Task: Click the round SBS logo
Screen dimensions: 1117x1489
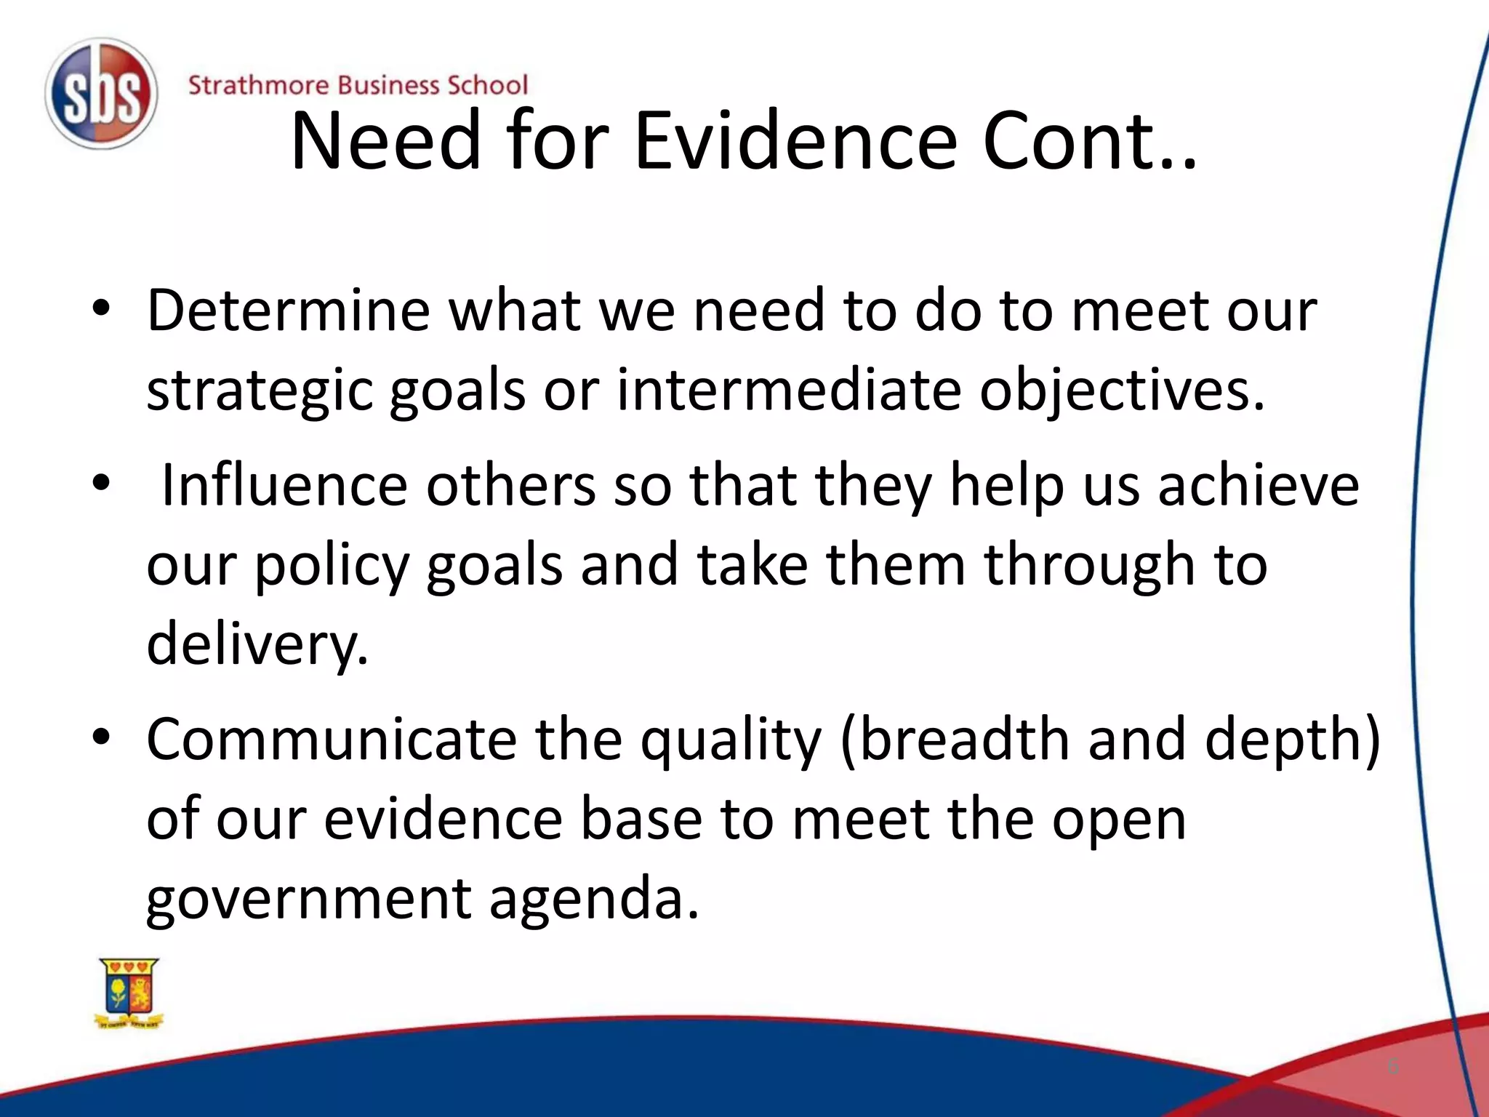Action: [100, 95]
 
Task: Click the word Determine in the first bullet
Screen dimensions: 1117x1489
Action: [289, 310]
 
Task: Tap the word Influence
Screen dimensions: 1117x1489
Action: [284, 485]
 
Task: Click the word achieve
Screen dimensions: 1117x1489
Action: [1258, 485]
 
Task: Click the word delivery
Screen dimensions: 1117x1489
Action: [257, 644]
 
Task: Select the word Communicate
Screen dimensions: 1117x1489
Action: [332, 740]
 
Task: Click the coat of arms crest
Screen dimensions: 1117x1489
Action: [129, 992]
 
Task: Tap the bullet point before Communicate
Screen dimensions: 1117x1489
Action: [101, 737]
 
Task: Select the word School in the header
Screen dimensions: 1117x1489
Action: [486, 85]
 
